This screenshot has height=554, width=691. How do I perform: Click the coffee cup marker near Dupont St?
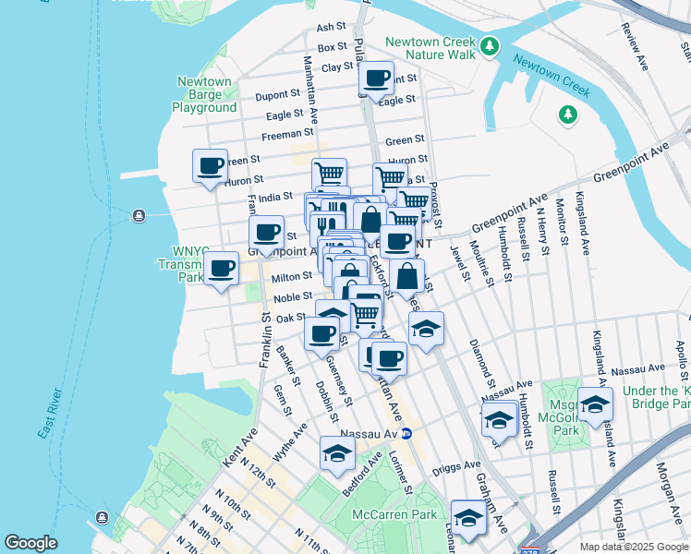tap(376, 79)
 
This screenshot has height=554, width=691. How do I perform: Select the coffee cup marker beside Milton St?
tap(220, 270)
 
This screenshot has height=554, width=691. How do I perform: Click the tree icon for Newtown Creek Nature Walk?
tap(490, 45)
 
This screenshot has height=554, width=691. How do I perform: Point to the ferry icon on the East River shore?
tap(139, 216)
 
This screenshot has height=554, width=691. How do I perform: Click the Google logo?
tap(31, 543)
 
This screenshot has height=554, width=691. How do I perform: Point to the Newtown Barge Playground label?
tap(204, 94)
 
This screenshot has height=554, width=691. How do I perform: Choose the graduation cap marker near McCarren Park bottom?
tap(468, 518)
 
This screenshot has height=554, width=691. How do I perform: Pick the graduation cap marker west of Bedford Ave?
tap(337, 453)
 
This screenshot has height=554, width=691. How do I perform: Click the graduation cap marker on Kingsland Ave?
tap(595, 404)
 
